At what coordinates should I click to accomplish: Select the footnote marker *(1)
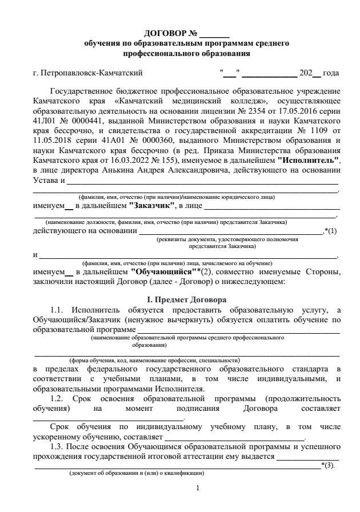pyautogui.click(x=331, y=230)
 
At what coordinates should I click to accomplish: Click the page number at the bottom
pyautogui.click(x=197, y=489)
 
